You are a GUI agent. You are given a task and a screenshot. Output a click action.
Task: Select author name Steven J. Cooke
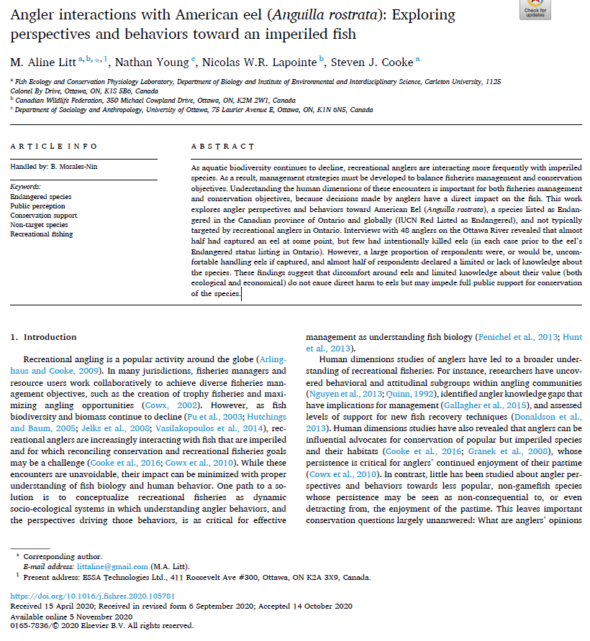(x=378, y=63)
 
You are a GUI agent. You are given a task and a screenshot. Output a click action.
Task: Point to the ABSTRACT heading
(x=223, y=147)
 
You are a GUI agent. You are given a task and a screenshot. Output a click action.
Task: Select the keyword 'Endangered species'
(x=40, y=197)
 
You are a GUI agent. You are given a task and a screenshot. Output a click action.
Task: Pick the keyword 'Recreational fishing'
(x=42, y=234)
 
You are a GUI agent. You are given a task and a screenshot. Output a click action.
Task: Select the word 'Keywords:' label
(x=25, y=187)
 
